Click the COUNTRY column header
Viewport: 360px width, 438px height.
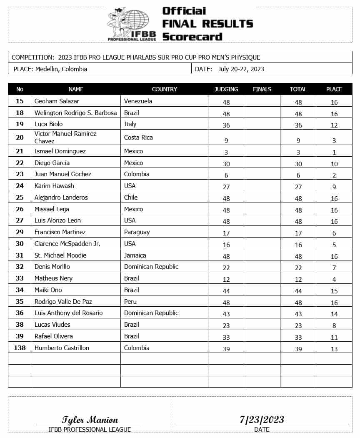click(164, 89)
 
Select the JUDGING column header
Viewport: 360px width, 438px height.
click(226, 89)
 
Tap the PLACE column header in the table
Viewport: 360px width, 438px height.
click(334, 89)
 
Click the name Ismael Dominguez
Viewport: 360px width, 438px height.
click(60, 151)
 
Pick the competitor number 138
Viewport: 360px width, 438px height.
click(20, 348)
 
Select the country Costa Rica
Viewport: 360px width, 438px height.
click(138, 138)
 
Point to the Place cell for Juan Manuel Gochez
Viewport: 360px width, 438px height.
click(334, 176)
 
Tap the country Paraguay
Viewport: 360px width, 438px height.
click(137, 232)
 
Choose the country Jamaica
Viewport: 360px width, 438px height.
click(135, 255)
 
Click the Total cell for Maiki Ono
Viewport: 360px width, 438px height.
click(298, 291)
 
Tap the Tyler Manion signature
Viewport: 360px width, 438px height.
click(90, 420)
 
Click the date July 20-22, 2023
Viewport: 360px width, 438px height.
click(241, 69)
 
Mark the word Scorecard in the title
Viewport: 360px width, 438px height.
click(192, 36)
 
